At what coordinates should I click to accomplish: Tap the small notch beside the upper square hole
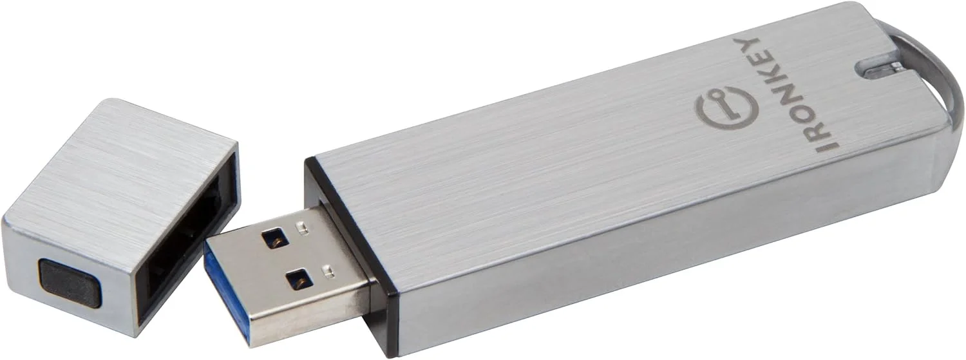click(x=299, y=227)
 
